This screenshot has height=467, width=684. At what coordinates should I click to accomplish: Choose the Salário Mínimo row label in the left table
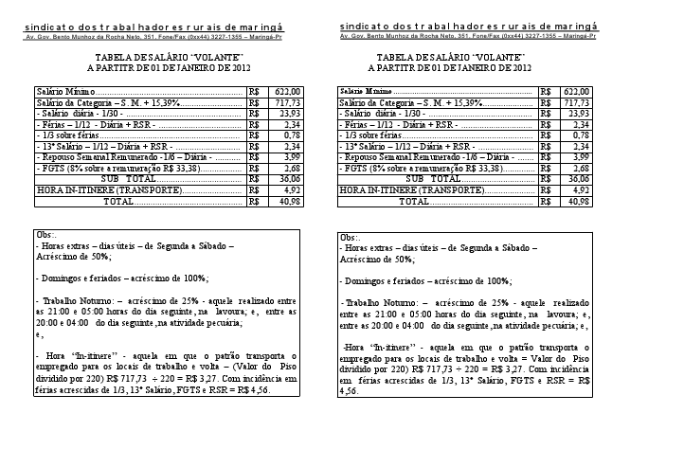click(x=58, y=91)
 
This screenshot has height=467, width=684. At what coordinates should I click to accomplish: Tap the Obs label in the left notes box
click(x=45, y=234)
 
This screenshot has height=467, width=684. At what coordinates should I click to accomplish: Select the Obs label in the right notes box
click(x=349, y=237)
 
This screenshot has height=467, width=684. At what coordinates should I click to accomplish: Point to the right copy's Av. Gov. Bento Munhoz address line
click(x=468, y=35)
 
